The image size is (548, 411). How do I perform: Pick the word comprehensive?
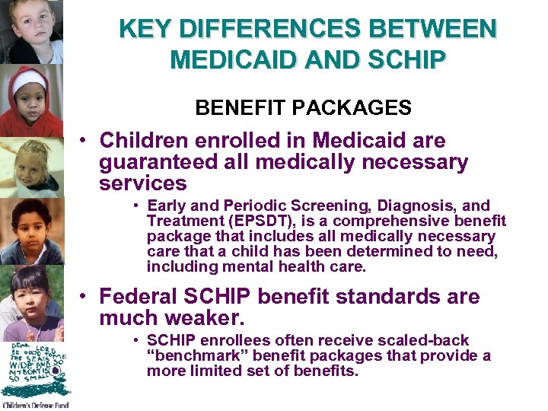click(x=378, y=221)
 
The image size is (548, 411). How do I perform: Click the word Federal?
click(x=140, y=296)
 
